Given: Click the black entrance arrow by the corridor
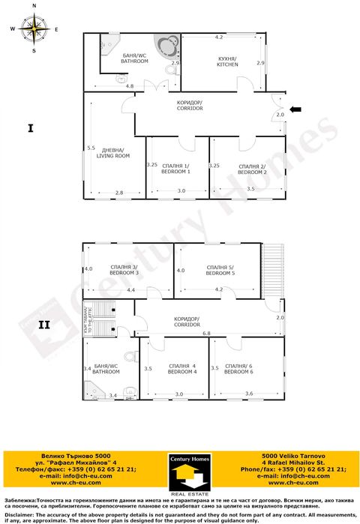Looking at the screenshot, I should tap(296, 109).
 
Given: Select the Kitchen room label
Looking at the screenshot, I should tap(227, 61).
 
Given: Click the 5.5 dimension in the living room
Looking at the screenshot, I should tap(91, 148).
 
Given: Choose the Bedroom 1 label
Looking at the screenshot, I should tap(175, 169).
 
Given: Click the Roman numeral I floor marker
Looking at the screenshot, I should tap(30, 128).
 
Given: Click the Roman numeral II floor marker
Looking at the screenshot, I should tap(43, 325).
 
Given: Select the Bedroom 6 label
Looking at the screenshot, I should tap(238, 368).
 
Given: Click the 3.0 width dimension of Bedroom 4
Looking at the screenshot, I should tap(178, 394).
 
